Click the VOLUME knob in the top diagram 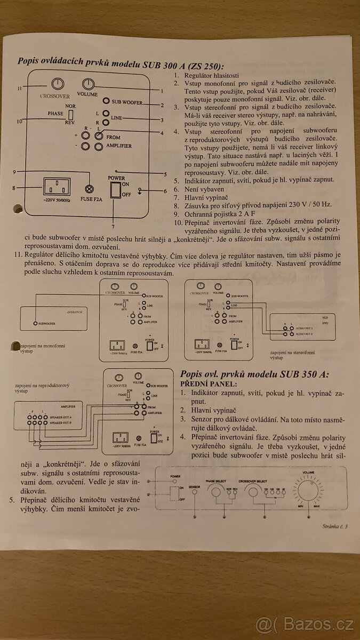coord(89,83)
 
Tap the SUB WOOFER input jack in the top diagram coord(107,101)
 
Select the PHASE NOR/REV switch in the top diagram coord(70,117)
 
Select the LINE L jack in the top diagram coord(107,114)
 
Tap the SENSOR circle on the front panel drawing coord(195,492)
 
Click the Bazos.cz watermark coord(304,622)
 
